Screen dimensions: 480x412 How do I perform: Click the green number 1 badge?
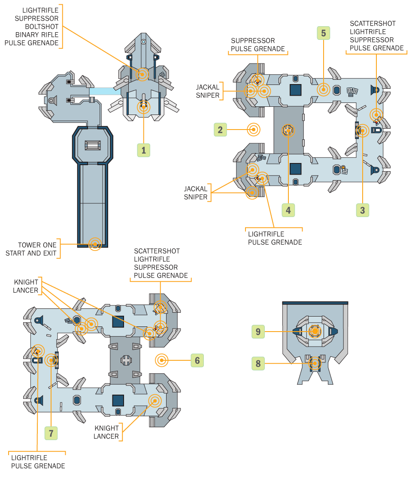click(x=144, y=150)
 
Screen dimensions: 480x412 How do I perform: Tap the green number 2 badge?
click(x=220, y=130)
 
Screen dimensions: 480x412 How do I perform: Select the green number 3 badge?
click(x=363, y=210)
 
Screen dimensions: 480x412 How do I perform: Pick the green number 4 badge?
click(x=288, y=210)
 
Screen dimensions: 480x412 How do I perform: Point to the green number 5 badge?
click(x=323, y=33)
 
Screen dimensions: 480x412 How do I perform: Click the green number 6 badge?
click(x=197, y=360)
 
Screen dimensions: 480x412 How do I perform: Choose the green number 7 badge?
click(x=51, y=433)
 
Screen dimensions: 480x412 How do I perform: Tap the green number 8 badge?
click(x=258, y=364)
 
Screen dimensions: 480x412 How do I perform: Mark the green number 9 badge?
click(x=258, y=331)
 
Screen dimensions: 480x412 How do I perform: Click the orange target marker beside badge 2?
click(x=254, y=130)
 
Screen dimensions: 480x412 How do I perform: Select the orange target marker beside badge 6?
click(x=162, y=360)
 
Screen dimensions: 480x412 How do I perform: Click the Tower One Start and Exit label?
click(x=31, y=249)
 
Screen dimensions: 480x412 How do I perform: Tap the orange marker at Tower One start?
click(x=94, y=244)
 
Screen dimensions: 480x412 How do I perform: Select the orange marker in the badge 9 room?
click(x=315, y=331)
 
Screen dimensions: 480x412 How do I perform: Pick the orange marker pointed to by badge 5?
click(x=323, y=90)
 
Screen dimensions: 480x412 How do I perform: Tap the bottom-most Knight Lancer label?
click(x=106, y=432)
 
